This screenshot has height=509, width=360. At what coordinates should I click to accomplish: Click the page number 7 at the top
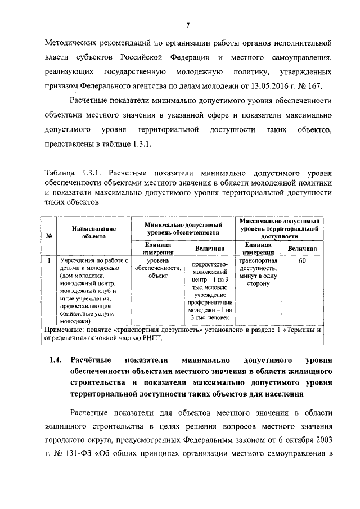coord(188,25)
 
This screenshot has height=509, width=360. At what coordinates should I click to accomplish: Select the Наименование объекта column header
coord(94,232)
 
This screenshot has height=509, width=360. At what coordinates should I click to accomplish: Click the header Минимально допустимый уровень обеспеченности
coord(183,228)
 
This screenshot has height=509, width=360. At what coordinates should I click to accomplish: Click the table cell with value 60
coord(302,260)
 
